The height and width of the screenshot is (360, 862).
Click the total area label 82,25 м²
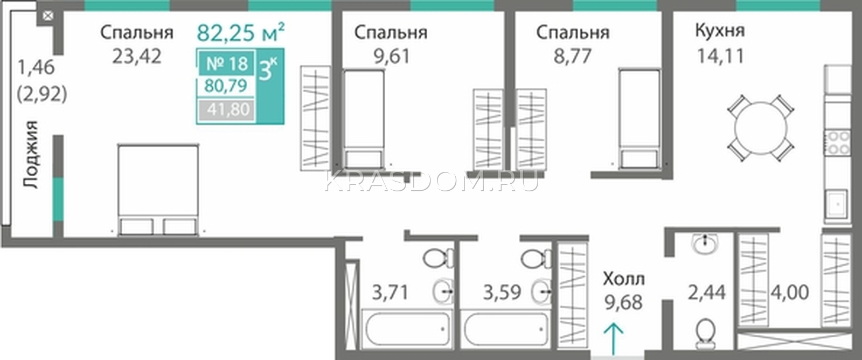click(241, 32)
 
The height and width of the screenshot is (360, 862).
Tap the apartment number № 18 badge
click(227, 64)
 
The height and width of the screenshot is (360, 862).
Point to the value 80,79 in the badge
click(226, 86)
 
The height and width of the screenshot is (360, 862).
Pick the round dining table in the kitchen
click(760, 128)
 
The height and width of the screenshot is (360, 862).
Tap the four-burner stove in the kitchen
click(837, 142)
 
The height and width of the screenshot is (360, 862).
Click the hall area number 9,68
click(623, 303)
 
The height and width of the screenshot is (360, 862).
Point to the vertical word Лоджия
click(30, 154)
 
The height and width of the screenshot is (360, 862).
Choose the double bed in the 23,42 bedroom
click(158, 190)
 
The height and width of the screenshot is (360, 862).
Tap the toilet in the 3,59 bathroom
click(537, 259)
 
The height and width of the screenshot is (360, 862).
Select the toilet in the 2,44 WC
click(705, 334)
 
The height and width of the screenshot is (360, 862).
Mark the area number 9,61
click(392, 57)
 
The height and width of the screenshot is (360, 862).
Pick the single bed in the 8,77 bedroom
click(639, 119)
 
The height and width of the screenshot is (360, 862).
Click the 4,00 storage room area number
click(790, 293)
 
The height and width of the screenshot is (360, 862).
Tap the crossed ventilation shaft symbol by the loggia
click(47, 16)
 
